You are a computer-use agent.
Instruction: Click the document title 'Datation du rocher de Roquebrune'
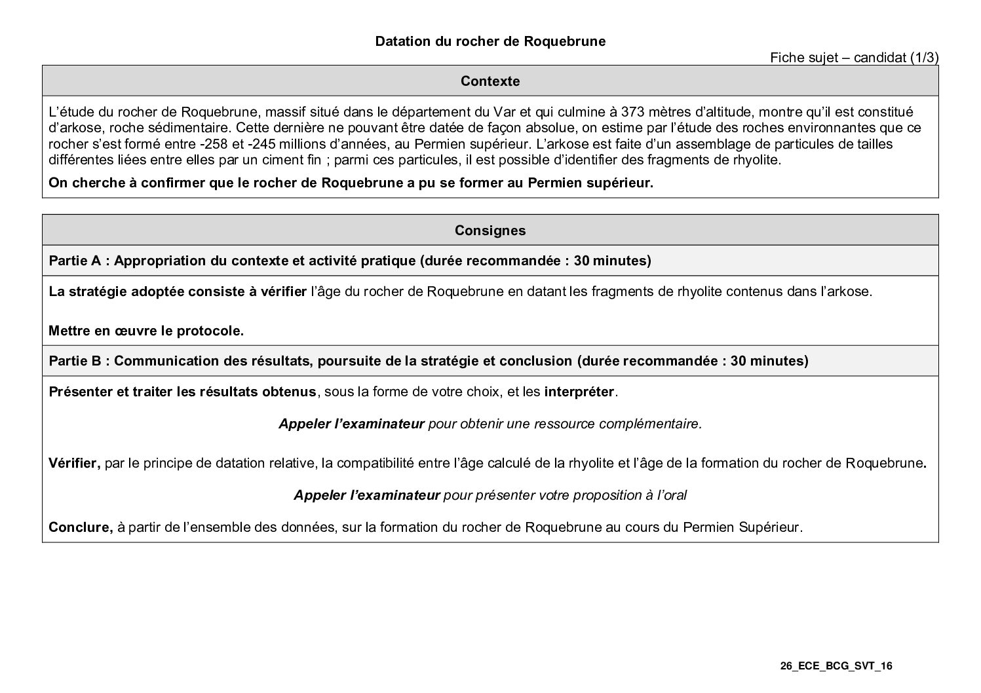(x=490, y=41)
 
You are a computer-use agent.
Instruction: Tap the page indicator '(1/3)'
(x=924, y=58)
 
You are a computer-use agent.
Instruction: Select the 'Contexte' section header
(x=490, y=81)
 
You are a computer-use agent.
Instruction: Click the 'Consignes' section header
(x=490, y=231)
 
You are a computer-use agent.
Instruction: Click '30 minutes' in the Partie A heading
(x=610, y=261)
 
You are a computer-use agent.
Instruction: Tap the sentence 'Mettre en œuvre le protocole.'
(x=146, y=331)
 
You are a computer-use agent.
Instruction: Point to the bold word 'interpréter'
(x=579, y=392)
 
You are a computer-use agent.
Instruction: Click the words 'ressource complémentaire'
(x=627, y=424)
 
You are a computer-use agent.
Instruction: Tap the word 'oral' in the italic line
(x=675, y=495)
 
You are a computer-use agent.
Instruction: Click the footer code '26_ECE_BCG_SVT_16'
(x=836, y=667)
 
